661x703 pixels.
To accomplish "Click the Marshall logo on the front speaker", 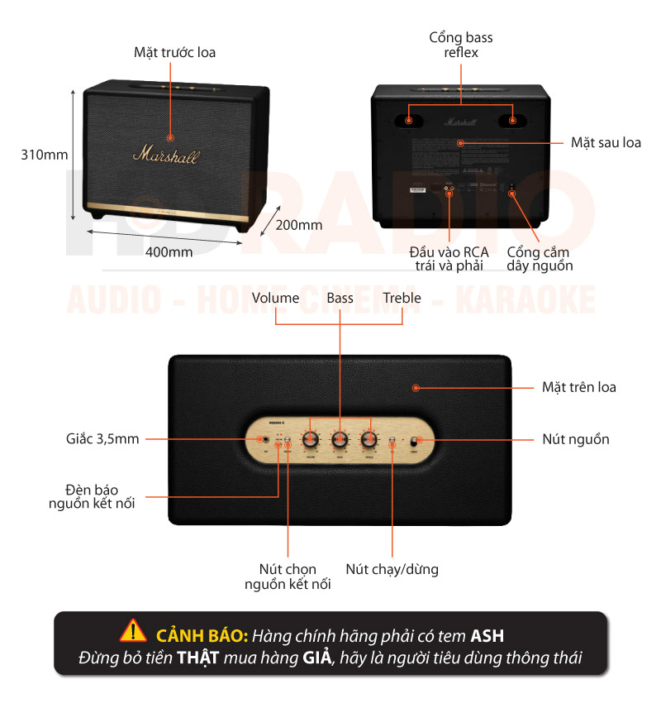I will [x=165, y=155].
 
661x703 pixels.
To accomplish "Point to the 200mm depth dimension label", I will [x=299, y=225].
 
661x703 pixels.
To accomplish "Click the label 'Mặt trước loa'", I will [x=175, y=53].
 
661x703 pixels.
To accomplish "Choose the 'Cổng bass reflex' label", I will [x=461, y=45].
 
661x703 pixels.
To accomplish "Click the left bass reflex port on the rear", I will [x=410, y=120].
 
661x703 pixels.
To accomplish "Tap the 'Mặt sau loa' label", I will [x=606, y=143].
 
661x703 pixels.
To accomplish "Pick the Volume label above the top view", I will [x=275, y=298].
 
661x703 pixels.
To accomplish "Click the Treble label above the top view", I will [x=402, y=298].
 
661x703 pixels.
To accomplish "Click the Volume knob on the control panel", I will [x=311, y=439].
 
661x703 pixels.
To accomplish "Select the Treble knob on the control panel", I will [x=369, y=439].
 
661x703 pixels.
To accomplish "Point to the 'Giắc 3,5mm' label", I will [x=102, y=439].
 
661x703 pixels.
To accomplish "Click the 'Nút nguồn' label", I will [x=576, y=439].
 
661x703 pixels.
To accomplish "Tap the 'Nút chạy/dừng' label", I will [x=392, y=569].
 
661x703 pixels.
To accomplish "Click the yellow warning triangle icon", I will [x=133, y=631].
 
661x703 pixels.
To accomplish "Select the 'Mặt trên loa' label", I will [x=578, y=387].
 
